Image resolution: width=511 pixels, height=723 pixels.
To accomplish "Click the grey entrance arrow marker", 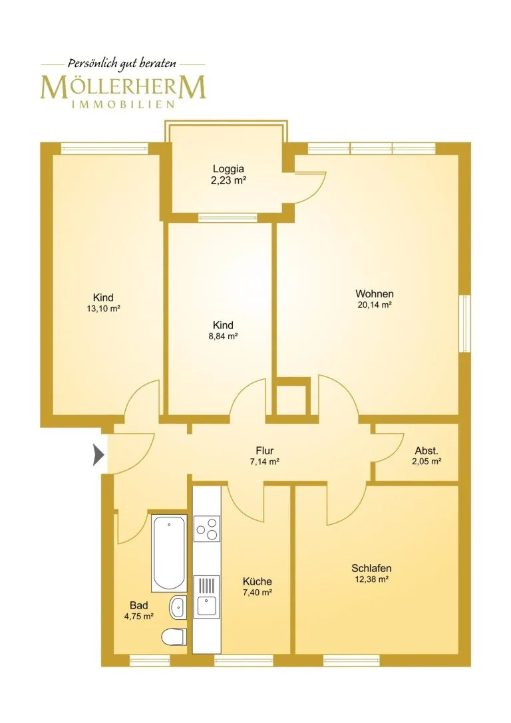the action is pyautogui.click(x=98, y=455).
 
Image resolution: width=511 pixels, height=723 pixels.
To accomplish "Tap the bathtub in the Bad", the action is pyautogui.click(x=169, y=553).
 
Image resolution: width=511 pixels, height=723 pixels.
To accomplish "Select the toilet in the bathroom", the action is pyautogui.click(x=174, y=638).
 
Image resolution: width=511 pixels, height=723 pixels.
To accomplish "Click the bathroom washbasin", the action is pyautogui.click(x=178, y=608).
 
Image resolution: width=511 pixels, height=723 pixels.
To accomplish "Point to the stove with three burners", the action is pyautogui.click(x=207, y=529).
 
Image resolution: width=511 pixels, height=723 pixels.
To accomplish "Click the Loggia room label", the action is pyautogui.click(x=228, y=169).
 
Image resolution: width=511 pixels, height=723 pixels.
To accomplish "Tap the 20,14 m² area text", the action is pyautogui.click(x=375, y=305).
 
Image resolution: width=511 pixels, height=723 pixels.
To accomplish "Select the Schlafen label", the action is pyautogui.click(x=371, y=568).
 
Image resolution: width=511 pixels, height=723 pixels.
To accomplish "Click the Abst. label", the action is pyautogui.click(x=426, y=450).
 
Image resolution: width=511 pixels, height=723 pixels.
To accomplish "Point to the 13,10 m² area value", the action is pyautogui.click(x=103, y=309).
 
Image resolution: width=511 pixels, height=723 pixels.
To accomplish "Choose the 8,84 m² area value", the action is pyautogui.click(x=223, y=336).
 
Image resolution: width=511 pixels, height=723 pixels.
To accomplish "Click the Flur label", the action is pyautogui.click(x=265, y=450).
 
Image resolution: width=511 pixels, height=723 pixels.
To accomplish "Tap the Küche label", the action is pyautogui.click(x=257, y=581).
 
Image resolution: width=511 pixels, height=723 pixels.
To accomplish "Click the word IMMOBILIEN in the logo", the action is pyautogui.click(x=123, y=104).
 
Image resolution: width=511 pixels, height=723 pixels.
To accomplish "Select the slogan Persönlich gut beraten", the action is pyautogui.click(x=122, y=64).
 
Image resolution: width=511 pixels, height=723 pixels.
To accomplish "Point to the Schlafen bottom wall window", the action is pyautogui.click(x=351, y=660).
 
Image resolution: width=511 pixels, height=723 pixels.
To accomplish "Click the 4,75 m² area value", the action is pyautogui.click(x=139, y=616).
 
